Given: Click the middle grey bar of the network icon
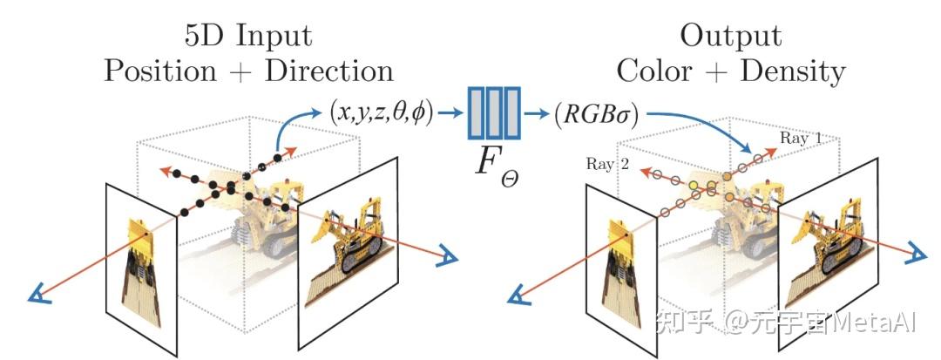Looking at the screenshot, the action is tap(494, 112).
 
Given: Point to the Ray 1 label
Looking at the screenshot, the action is tap(800, 138).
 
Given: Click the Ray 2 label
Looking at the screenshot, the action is tap(608, 164).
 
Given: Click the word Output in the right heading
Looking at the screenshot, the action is tap(730, 36).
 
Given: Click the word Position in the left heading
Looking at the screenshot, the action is tap(159, 71).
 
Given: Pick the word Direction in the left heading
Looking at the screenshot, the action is tap(328, 71).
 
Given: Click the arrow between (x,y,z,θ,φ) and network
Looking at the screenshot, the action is tap(450, 112).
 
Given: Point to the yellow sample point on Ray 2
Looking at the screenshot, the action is tap(694, 186).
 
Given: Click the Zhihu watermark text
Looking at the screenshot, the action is tap(786, 323).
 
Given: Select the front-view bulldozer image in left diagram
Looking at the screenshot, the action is tap(142, 268).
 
